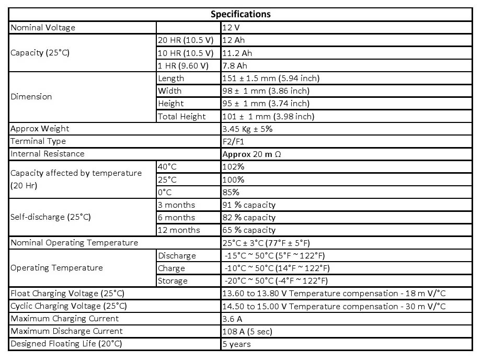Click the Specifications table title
[240, 14]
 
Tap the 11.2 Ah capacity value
[237, 53]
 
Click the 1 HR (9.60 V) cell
[183, 65]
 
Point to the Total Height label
[182, 116]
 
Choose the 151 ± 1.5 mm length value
[271, 78]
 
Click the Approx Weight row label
[40, 129]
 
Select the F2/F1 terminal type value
[233, 141]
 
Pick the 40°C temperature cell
[168, 167]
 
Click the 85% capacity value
[231, 192]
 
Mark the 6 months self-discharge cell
[176, 217]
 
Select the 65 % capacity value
[249, 230]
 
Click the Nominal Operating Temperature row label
[74, 243]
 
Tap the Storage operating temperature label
[173, 280]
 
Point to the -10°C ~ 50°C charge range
[277, 268]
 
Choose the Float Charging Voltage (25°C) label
[68, 294]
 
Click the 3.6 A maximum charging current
[232, 319]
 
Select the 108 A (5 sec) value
[247, 331]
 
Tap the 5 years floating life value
[237, 344]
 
